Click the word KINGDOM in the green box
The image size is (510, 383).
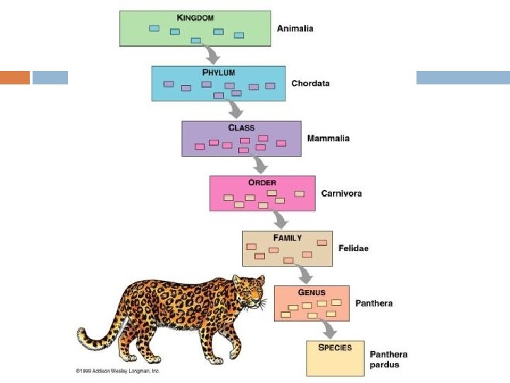pyautogui.click(x=195, y=17)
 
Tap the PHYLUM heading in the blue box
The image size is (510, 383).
pyautogui.click(x=218, y=72)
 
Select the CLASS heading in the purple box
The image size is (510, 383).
pyautogui.click(x=241, y=128)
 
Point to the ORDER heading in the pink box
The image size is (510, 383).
pyautogui.click(x=261, y=182)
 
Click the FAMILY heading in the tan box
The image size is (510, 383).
pyautogui.click(x=288, y=238)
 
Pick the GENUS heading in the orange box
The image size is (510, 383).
pyautogui.click(x=312, y=292)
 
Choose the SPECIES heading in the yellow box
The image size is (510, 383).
pyautogui.click(x=335, y=348)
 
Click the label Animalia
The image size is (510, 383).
pyautogui.click(x=295, y=29)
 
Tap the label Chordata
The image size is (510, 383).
pyautogui.click(x=310, y=84)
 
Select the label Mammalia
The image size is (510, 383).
pyautogui.click(x=328, y=138)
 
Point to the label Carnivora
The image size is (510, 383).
pyautogui.click(x=341, y=193)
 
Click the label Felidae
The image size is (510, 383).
pyautogui.click(x=353, y=248)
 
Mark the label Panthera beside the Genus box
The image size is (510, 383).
pyautogui.click(x=373, y=304)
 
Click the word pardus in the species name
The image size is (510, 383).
pyautogui.click(x=385, y=365)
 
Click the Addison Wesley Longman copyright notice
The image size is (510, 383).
pyautogui.click(x=118, y=371)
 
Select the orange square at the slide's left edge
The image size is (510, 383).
pyautogui.click(x=15, y=77)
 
